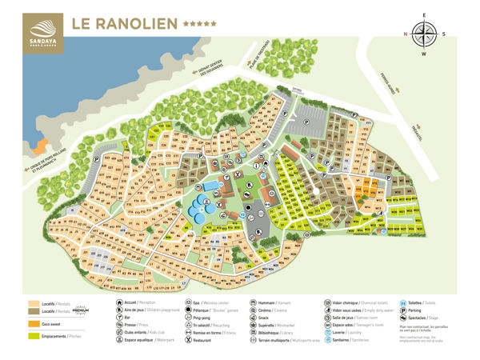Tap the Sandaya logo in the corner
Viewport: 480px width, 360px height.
[31, 25]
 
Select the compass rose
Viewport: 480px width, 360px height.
[425, 33]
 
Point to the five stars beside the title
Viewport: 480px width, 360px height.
[199, 23]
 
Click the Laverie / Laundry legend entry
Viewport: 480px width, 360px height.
[346, 331]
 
